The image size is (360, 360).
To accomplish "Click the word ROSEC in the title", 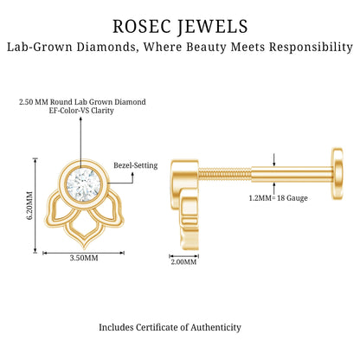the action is pyautogui.click(x=141, y=26).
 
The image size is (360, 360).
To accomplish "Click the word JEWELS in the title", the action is pyautogui.click(x=212, y=27).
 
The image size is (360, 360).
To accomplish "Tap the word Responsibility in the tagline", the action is pyautogui.click(x=311, y=47).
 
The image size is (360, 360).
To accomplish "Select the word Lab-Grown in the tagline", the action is pyautogui.click(x=39, y=47).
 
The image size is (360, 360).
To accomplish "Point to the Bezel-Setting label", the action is pyautogui.click(x=136, y=165).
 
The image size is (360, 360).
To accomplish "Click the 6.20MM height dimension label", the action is pyautogui.click(x=29, y=205).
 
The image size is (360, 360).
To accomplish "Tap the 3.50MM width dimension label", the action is pyautogui.click(x=84, y=258).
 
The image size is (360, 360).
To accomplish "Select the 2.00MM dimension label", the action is pyautogui.click(x=183, y=262).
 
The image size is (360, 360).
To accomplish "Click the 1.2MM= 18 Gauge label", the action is pyautogui.click(x=278, y=198).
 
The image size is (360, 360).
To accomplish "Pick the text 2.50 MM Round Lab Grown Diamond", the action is pyautogui.click(x=82, y=102).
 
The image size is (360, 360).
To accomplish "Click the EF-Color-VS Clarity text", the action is pyautogui.click(x=81, y=111).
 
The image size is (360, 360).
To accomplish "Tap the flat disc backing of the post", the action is pyautogui.click(x=337, y=173).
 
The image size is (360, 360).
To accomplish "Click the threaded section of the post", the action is pyautogui.click(x=224, y=174).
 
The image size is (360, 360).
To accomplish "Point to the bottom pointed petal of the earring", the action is pyautogui.click(x=84, y=232).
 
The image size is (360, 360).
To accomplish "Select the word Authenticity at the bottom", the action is pyautogui.click(x=215, y=328).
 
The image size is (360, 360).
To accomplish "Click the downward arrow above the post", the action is pyautogui.click(x=273, y=160).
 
